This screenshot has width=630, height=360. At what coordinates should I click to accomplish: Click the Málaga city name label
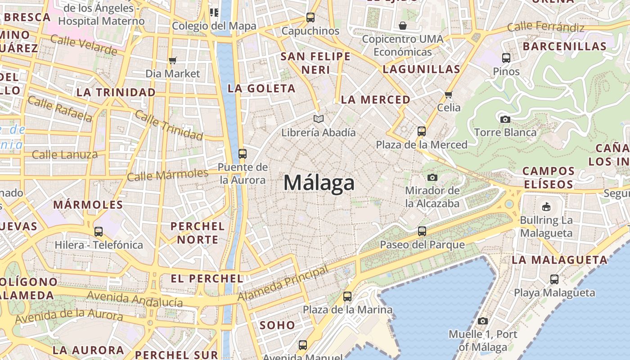[x=319, y=183]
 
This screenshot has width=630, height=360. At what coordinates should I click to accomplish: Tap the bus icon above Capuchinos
[x=310, y=18]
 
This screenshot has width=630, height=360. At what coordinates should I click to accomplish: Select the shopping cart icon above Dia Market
[x=172, y=60]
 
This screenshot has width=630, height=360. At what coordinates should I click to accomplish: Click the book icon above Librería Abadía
[x=319, y=119]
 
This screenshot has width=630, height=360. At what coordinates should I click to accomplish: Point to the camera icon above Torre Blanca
[x=505, y=119]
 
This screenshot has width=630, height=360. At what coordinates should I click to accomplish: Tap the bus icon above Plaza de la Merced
[x=422, y=131]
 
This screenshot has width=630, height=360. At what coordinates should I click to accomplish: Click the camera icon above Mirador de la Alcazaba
[x=432, y=177]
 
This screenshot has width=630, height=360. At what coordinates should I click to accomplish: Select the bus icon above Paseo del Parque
[x=422, y=231]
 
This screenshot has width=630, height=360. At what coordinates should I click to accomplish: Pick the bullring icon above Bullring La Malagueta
[x=546, y=207]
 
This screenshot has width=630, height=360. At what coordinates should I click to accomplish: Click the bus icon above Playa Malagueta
[x=554, y=279]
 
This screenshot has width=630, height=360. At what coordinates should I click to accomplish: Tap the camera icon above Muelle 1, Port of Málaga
[x=483, y=321]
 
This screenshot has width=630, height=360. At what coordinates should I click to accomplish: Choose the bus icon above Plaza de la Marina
[x=347, y=297]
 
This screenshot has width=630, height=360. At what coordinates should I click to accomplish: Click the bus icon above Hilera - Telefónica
[x=99, y=232]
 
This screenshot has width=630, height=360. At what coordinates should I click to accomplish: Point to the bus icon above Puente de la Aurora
[x=243, y=154]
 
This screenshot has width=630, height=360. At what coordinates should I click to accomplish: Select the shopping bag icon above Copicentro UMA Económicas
[x=402, y=26]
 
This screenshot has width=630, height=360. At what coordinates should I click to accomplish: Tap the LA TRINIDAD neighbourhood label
[x=116, y=92]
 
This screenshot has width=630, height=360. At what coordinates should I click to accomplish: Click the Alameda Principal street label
[x=283, y=284]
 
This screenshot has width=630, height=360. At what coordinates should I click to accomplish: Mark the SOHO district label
[x=278, y=325]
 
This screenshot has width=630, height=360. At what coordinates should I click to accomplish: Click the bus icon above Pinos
[x=506, y=58]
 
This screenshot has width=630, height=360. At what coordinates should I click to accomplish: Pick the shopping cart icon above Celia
[x=448, y=94]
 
